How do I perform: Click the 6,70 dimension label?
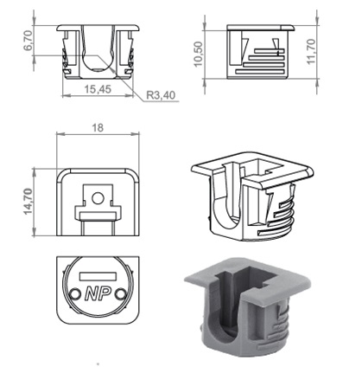click(29, 41)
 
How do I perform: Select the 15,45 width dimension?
click(98, 89)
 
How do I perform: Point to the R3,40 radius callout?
click(161, 95)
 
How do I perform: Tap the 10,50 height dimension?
click(198, 55)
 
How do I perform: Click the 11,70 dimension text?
click(311, 52)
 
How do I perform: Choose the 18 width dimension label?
click(98, 127)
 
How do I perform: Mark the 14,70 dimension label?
click(28, 202)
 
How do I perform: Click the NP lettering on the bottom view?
click(98, 293)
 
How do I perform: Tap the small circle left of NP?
click(75, 293)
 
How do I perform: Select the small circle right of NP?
click(120, 294)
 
